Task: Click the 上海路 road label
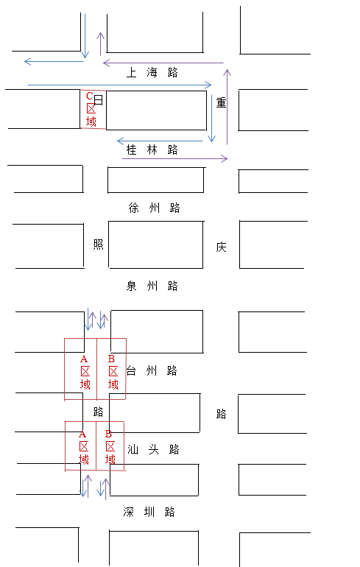point(152,72)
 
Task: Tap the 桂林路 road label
point(152,149)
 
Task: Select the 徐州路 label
point(154,208)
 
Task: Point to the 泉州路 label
point(152,286)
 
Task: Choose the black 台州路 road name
point(152,370)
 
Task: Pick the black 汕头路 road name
point(153,449)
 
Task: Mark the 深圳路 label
point(149,512)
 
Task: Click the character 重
point(221,102)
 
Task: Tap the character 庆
point(221,247)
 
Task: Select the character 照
point(99,244)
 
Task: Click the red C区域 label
point(91,109)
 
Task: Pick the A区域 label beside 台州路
point(85,372)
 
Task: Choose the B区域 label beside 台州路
point(113,372)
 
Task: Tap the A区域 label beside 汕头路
point(83,447)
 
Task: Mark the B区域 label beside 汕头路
point(110,447)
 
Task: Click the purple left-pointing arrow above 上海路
point(163,63)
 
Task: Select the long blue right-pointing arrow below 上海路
point(120,85)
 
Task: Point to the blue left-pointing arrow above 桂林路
point(160,141)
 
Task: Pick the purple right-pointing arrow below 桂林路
point(174,158)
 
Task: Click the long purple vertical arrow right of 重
point(227,107)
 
